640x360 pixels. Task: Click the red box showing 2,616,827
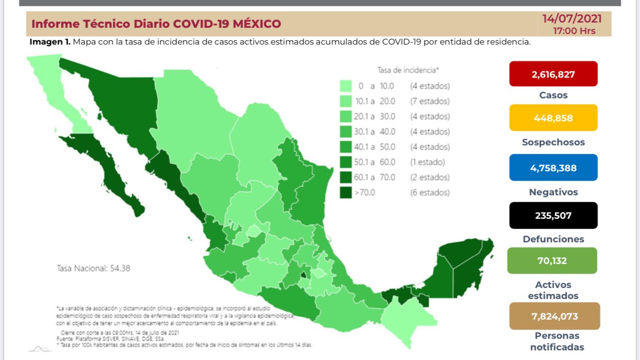pos(553,74)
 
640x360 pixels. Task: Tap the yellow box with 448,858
pos(553,118)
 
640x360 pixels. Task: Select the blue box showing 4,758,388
pos(553,168)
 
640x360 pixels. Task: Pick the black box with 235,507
pos(553,216)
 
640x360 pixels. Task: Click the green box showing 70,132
pos(552,261)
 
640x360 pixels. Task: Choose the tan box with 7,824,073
pos(554,316)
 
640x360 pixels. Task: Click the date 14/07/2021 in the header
pos(571,19)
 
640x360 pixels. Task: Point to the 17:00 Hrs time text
pos(574,31)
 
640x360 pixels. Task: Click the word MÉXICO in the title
pos(257,24)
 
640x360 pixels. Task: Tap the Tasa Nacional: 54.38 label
pos(93,268)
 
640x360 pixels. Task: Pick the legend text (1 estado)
pos(427,162)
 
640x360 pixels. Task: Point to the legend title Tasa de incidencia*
pos(408,70)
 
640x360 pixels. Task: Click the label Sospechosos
pos(553,142)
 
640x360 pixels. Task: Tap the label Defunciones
pos(553,239)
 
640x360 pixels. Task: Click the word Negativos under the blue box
pos(553,192)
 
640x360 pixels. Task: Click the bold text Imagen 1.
pos(50,42)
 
